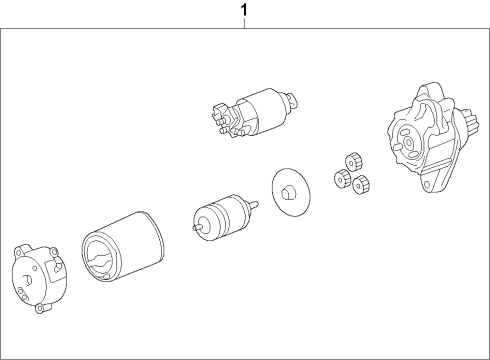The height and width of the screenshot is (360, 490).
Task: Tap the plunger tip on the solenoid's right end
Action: (x=291, y=99)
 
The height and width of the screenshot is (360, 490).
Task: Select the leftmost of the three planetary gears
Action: (x=339, y=178)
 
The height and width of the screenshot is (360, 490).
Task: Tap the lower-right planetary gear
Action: (x=362, y=184)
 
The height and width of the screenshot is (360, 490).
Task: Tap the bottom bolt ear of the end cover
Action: (x=39, y=307)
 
